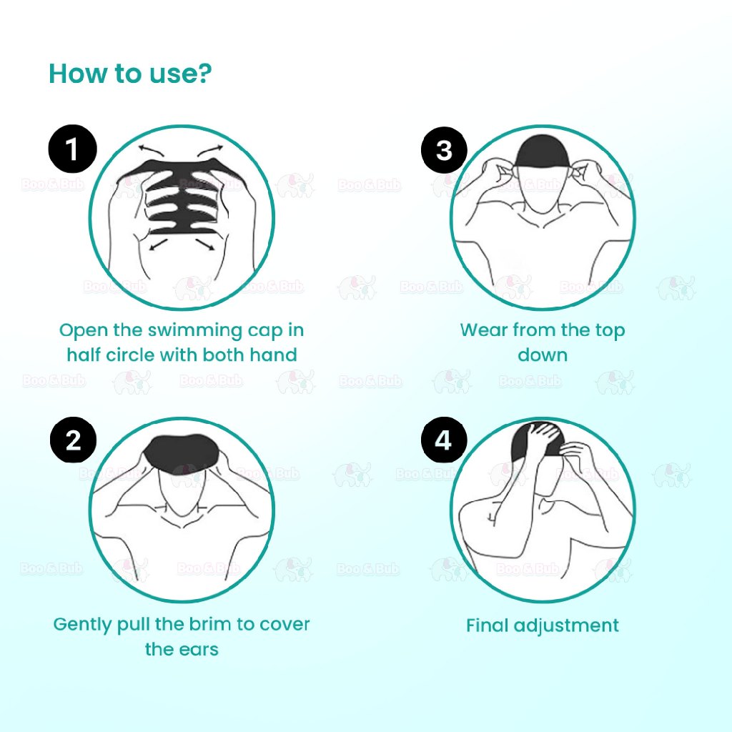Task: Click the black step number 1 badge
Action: pos(72,149)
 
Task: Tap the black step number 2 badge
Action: pos(74,440)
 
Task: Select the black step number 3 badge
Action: pos(444,150)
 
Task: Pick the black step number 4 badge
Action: pos(443,440)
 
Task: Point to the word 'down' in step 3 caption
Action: pos(543,355)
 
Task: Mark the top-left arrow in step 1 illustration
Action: pos(151,149)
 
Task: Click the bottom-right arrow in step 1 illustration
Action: pos(205,244)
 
